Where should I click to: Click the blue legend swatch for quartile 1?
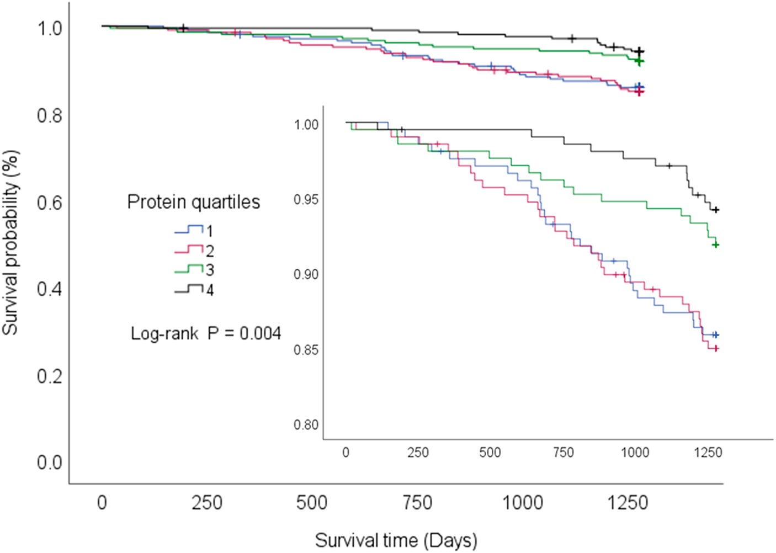click(189, 230)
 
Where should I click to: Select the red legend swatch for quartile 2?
click(189, 249)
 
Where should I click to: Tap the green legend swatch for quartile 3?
click(189, 269)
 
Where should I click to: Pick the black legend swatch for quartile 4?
click(189, 289)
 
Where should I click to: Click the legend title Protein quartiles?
click(194, 202)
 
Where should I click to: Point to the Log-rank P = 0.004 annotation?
click(206, 334)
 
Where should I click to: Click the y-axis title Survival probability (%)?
click(10, 242)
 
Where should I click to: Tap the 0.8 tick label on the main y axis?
click(50, 115)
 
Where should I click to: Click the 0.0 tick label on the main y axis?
click(50, 462)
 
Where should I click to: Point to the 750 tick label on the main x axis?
click(418, 503)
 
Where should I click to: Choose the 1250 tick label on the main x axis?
click(628, 503)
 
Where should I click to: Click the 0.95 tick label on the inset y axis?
click(306, 200)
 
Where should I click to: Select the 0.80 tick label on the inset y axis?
click(306, 425)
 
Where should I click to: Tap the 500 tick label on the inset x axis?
click(490, 453)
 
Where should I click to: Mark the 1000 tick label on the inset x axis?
click(635, 453)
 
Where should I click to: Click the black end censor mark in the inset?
click(716, 210)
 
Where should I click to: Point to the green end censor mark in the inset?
click(716, 245)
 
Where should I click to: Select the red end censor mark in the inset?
click(716, 349)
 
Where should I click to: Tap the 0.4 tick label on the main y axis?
click(50, 289)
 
